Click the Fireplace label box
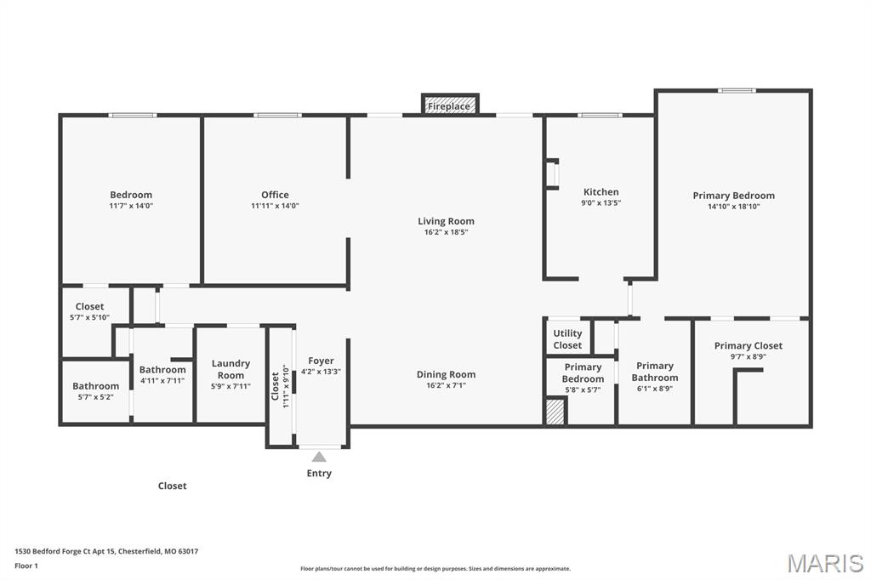tap(449, 106)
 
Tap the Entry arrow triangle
tap(319, 457)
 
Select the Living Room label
tap(446, 221)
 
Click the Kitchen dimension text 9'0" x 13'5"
tap(601, 203)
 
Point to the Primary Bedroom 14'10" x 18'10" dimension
tap(733, 207)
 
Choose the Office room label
tap(275, 195)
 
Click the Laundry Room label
tap(231, 369)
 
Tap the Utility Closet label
tap(567, 339)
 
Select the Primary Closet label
tap(748, 345)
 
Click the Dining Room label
tap(446, 374)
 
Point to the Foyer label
tap(321, 361)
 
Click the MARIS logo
tap(825, 563)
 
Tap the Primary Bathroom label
tap(654, 372)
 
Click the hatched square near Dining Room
tap(555, 412)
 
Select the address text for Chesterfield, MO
tap(106, 551)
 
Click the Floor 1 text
tap(27, 565)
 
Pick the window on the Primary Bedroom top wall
tap(736, 90)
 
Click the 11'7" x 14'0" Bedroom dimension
tap(131, 206)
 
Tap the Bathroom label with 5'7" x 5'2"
tap(95, 386)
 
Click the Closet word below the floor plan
tap(172, 486)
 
